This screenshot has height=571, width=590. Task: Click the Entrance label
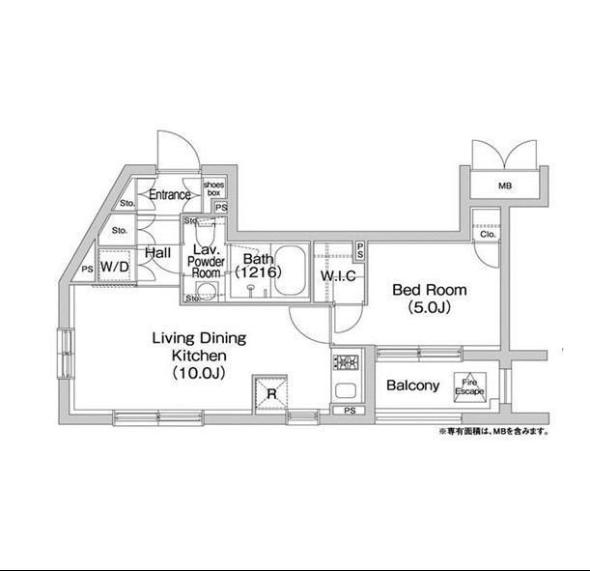click(x=168, y=195)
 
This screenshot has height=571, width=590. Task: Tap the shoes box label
click(x=212, y=187)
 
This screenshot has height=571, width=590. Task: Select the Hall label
click(x=157, y=253)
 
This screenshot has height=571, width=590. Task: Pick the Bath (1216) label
click(x=257, y=266)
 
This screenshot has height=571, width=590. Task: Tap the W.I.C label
click(x=338, y=278)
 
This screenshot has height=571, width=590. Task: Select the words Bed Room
click(x=429, y=289)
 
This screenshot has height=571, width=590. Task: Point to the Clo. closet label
click(x=487, y=234)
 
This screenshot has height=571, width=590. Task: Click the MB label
click(x=504, y=186)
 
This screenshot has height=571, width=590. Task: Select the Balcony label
click(x=412, y=385)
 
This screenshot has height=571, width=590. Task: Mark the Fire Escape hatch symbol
click(x=471, y=385)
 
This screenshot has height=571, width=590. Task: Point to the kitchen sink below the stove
click(x=345, y=393)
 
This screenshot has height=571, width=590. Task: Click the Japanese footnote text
click(x=493, y=432)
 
